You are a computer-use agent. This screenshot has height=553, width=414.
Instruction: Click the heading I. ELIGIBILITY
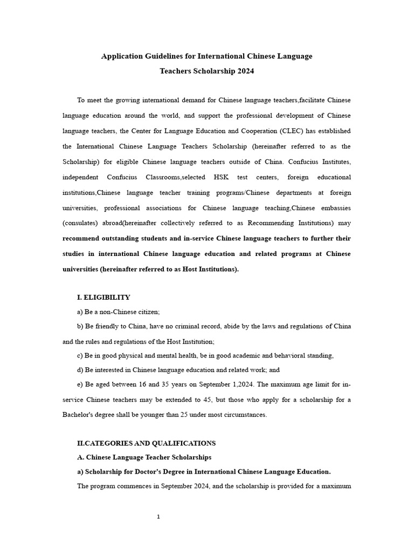pos(103,297)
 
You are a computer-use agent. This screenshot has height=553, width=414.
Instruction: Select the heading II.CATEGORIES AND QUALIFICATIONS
pos(146,443)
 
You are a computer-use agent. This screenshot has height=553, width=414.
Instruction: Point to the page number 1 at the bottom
pos(158,517)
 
